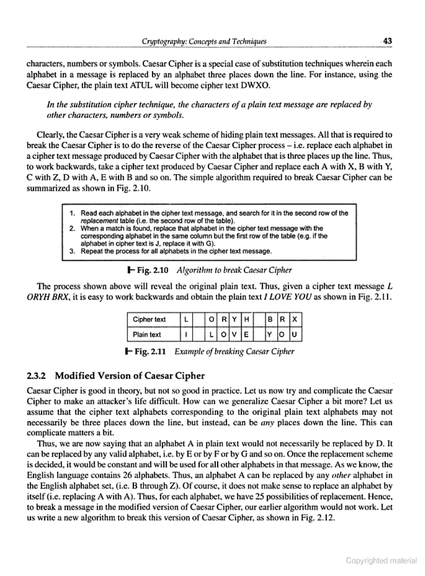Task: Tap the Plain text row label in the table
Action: point(147,334)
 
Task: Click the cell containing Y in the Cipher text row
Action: point(234,319)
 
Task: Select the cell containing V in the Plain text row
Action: point(234,334)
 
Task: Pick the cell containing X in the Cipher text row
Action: point(295,319)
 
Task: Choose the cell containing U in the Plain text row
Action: point(295,334)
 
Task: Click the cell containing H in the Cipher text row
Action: point(246,319)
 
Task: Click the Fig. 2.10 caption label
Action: point(152,270)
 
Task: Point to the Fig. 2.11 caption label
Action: point(150,351)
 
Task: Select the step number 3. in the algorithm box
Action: point(72,251)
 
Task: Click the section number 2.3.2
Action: point(36,376)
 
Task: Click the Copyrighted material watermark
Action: point(381,561)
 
